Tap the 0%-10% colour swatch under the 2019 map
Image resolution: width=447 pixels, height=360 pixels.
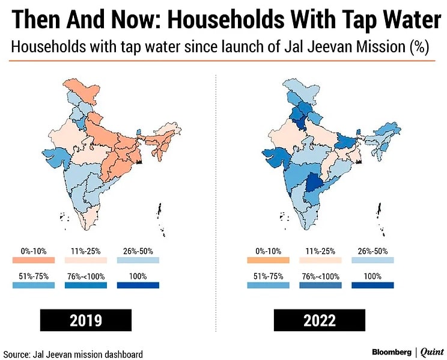coord(33,260)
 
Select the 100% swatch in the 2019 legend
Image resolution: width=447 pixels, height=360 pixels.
coord(138,285)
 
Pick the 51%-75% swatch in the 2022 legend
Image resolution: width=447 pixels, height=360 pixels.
coord(268,285)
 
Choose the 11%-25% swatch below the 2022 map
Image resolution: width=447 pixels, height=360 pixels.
coord(320,260)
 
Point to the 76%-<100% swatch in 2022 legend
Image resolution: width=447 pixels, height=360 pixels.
coord(320,285)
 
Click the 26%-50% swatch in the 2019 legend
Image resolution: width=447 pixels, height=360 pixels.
coord(138,260)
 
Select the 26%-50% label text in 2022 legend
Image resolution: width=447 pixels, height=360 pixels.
coord(372,251)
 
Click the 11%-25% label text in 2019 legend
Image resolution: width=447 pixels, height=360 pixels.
coord(86,251)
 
